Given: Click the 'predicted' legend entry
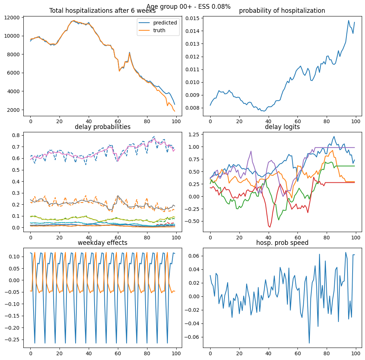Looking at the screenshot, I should click(165, 23).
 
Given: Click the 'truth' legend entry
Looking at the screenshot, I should click(159, 30).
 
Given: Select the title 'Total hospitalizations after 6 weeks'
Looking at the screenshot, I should click(102, 11).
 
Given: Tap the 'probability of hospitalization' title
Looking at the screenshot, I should click(282, 11).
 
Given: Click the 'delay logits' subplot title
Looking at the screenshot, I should click(282, 127).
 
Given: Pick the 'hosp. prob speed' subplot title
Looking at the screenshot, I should click(282, 243).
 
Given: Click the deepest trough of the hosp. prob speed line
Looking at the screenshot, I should click(309, 343).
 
